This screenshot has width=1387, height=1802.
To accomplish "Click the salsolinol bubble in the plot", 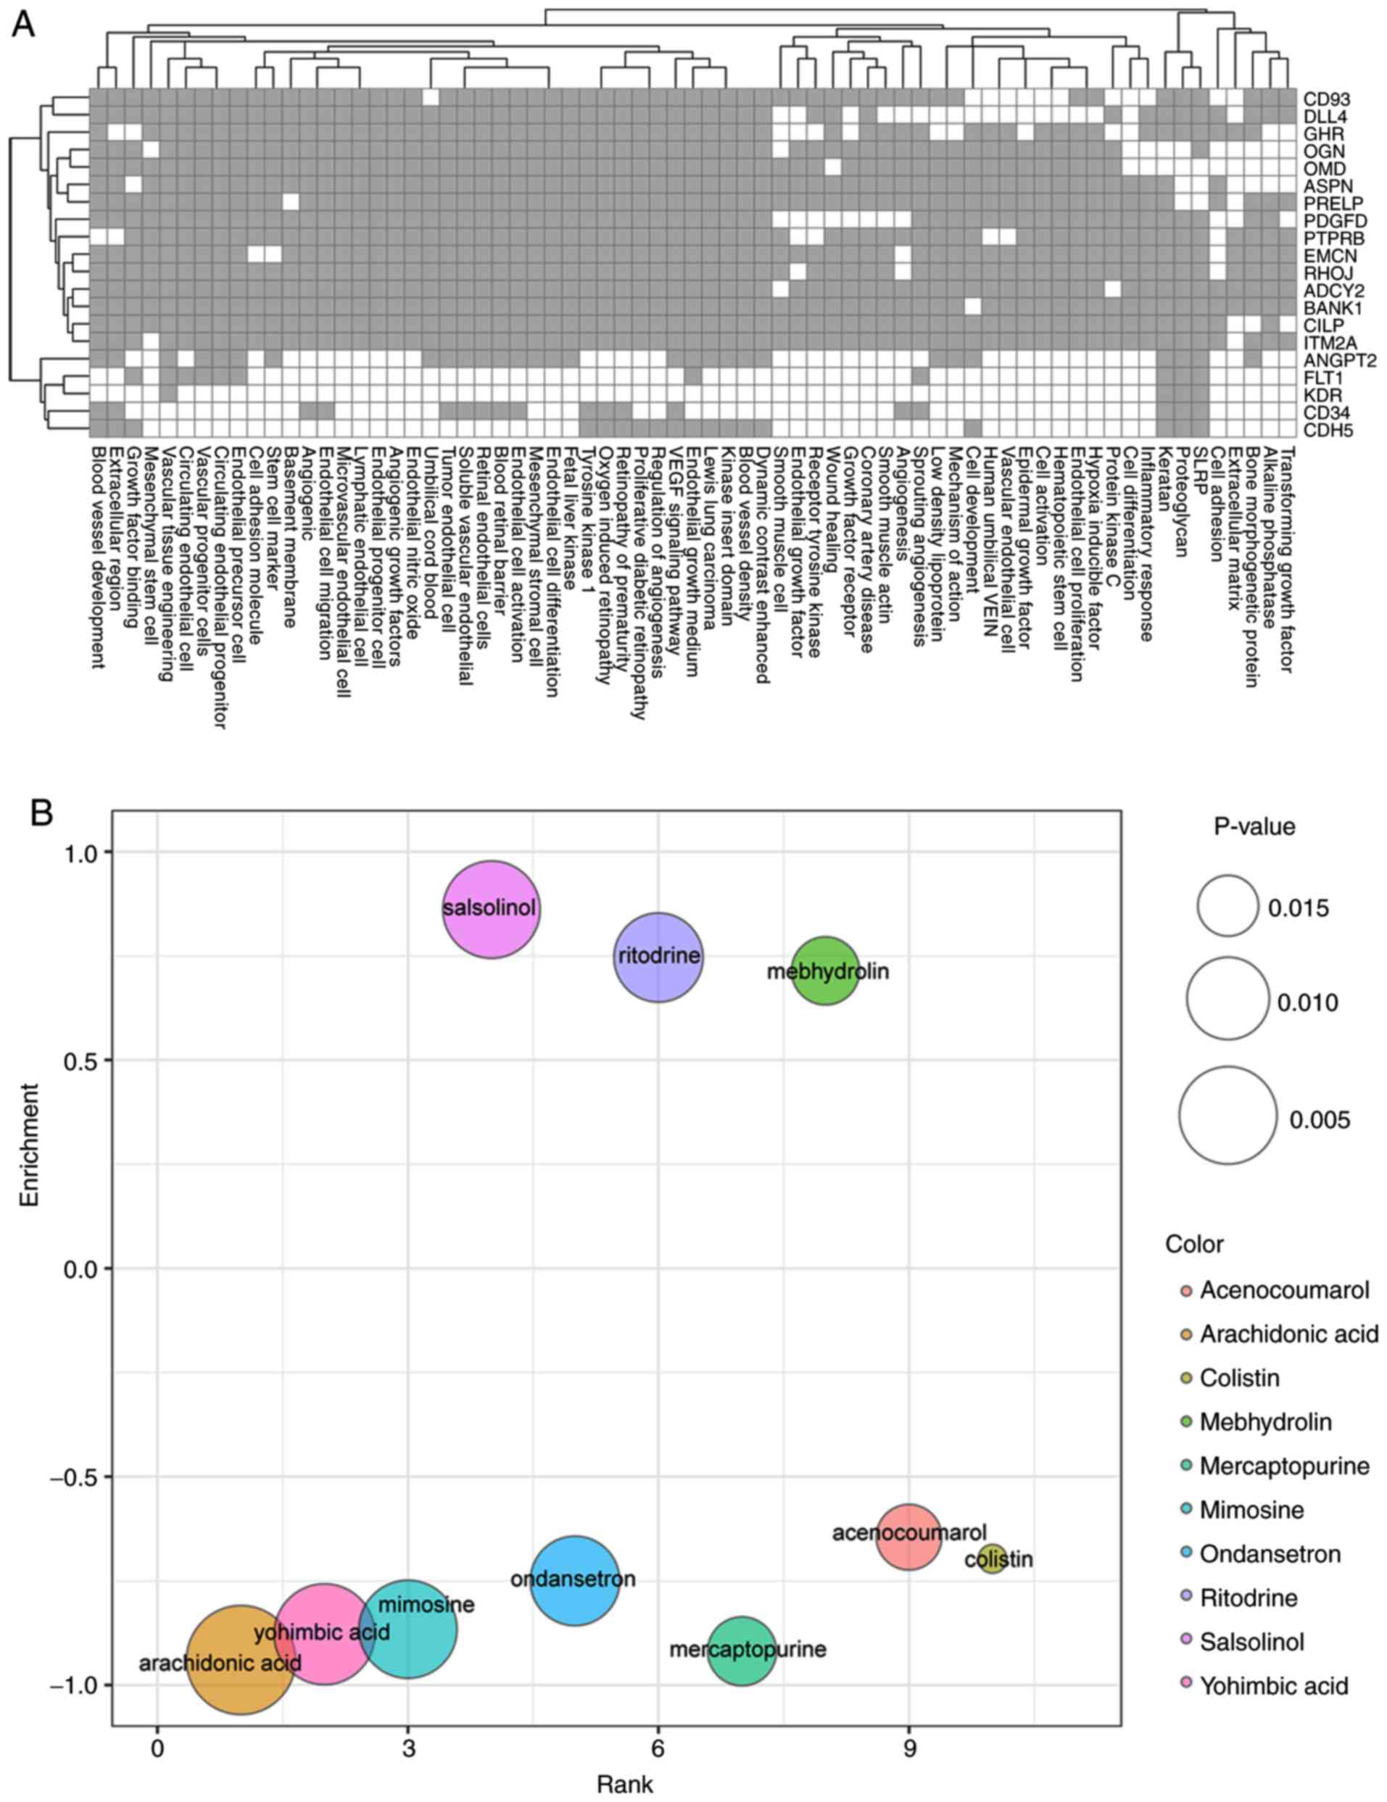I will [x=492, y=909].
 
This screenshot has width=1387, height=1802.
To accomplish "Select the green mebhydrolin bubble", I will [x=826, y=971].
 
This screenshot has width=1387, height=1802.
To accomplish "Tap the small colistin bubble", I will [x=992, y=1558].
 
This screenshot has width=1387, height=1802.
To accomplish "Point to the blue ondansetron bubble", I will [x=575, y=1580].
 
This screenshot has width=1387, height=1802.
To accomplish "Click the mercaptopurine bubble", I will [x=742, y=1651].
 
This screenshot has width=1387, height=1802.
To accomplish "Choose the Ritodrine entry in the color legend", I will [x=1248, y=1598].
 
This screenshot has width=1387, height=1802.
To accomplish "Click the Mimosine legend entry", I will [x=1251, y=1510].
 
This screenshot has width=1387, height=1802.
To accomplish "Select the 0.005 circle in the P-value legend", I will [x=1227, y=1115].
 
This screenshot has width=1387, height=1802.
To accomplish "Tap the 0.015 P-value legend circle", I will [x=1227, y=906].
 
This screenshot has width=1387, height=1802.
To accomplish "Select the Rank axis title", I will [x=624, y=1785].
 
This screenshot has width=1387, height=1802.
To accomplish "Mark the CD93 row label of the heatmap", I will [x=1327, y=99].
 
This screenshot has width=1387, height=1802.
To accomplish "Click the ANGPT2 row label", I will [x=1339, y=360].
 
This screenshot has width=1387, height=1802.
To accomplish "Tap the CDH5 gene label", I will [x=1328, y=430].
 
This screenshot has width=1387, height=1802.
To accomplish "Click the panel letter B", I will [x=42, y=813].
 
